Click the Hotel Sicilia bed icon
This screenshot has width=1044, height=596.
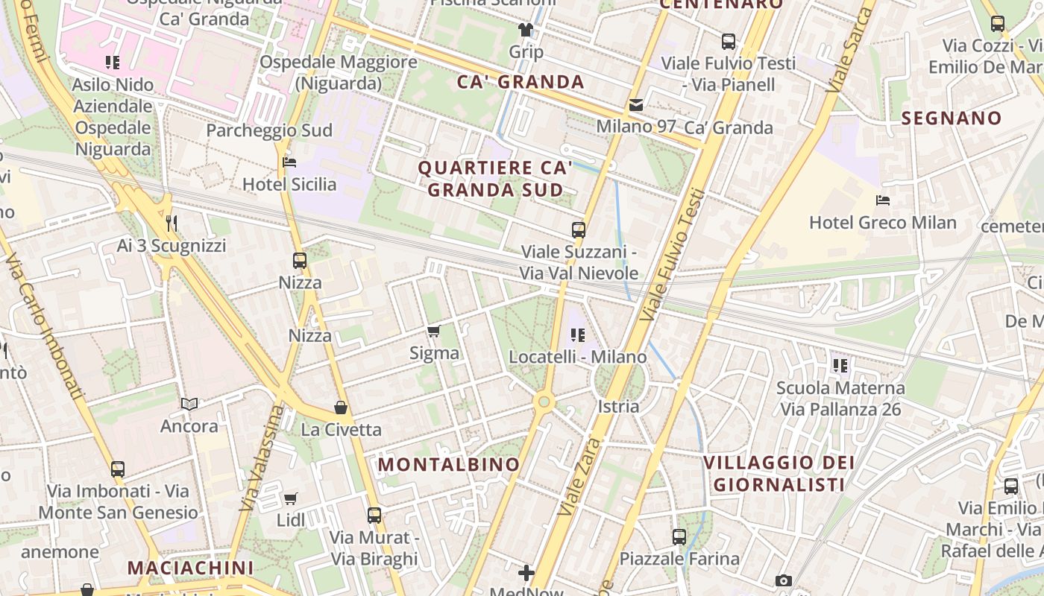click(x=290, y=162)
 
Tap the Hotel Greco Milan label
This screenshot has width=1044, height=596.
click(x=883, y=222)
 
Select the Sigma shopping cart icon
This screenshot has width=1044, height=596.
click(x=434, y=331)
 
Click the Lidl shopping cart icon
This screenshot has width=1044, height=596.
click(x=291, y=498)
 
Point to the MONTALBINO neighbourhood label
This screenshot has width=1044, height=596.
click(x=449, y=464)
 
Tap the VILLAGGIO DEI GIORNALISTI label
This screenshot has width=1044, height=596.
click(x=779, y=474)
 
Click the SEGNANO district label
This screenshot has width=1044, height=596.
click(x=952, y=118)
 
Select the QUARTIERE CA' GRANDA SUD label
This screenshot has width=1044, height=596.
click(x=495, y=179)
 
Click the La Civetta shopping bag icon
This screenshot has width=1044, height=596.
click(x=341, y=408)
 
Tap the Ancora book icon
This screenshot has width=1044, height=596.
click(x=189, y=404)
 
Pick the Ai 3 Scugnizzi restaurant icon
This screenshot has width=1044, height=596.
click(x=172, y=223)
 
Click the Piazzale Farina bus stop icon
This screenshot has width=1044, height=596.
click(x=679, y=536)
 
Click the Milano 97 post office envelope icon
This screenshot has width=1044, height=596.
click(x=636, y=105)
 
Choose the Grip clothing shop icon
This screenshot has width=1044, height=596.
click(x=526, y=31)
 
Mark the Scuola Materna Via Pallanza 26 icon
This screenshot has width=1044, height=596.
click(x=840, y=366)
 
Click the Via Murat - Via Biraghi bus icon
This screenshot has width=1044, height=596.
click(x=374, y=515)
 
